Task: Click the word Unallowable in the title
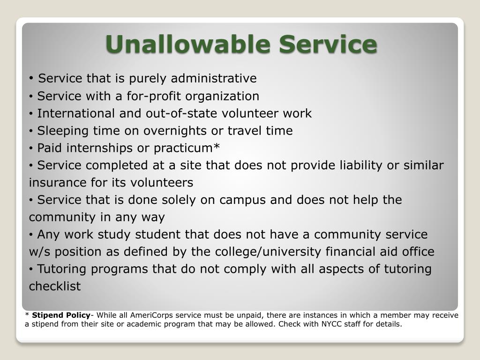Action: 188,44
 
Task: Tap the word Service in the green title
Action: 328,44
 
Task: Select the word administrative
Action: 214,78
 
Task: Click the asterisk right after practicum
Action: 217,146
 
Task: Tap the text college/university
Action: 268,252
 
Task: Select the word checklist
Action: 55,286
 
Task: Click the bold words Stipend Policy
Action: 61,315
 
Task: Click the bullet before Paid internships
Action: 31,149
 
